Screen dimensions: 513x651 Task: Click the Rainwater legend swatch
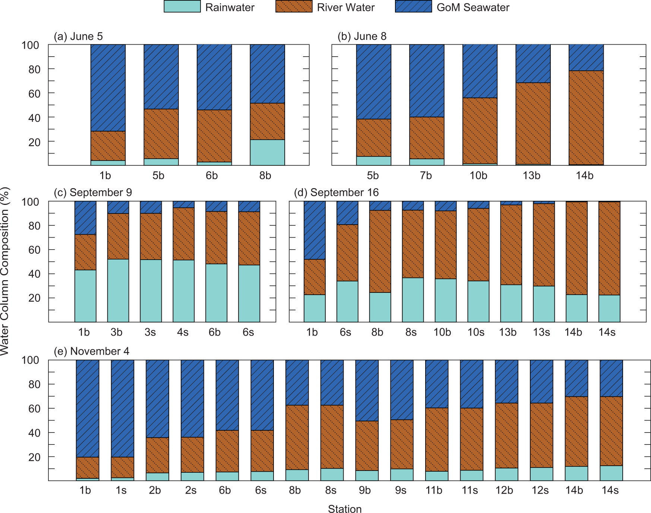click(182, 7)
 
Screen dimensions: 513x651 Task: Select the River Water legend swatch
click(294, 7)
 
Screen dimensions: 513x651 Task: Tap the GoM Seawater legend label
click(473, 7)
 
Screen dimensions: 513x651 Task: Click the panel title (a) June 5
click(78, 37)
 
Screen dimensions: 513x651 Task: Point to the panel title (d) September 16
click(336, 193)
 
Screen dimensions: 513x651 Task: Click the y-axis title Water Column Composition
click(5, 271)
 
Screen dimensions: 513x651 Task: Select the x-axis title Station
click(345, 509)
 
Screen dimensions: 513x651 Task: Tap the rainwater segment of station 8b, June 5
click(267, 152)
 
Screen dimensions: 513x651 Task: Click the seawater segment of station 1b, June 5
click(108, 88)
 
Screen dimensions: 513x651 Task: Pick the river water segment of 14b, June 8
click(586, 117)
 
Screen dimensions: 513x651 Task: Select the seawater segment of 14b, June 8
click(586, 57)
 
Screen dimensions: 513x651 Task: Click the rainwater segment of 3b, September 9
click(118, 290)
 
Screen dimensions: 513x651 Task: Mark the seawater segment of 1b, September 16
click(315, 230)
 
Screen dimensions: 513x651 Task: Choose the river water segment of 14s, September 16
click(609, 248)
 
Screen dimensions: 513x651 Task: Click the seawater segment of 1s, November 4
click(123, 408)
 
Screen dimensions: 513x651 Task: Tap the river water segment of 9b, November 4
click(367, 446)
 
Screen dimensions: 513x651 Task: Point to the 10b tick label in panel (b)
click(478, 175)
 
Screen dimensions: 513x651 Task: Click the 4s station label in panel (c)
click(183, 332)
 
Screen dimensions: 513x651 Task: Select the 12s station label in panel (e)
click(540, 490)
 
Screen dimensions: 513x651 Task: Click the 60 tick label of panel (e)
click(34, 409)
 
